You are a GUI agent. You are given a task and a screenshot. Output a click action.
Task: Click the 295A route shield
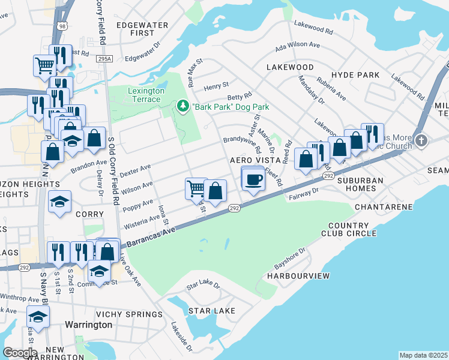[x=104, y=58]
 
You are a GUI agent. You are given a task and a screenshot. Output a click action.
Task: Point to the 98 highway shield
[x=62, y=26]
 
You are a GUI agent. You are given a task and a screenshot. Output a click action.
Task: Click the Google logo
[x=20, y=352]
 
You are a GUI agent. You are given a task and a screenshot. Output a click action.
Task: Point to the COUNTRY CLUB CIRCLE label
[x=352, y=229]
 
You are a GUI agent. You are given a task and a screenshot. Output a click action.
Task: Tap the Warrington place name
[x=88, y=325]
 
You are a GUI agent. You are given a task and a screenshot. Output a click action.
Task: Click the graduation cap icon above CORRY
[x=59, y=201]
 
